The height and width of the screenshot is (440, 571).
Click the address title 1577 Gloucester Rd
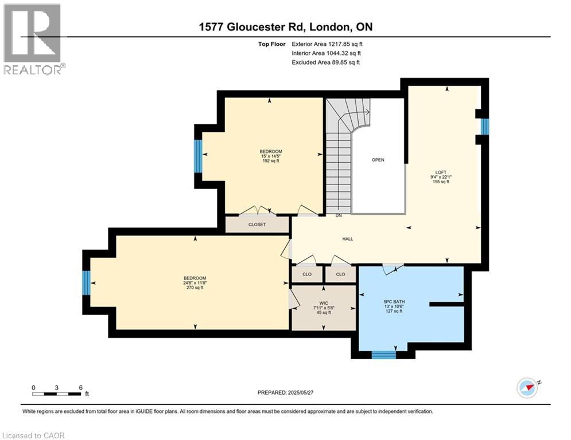(x=285, y=27)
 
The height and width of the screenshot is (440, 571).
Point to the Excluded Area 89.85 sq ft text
(x=326, y=62)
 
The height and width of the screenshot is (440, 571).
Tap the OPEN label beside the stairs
(x=378, y=160)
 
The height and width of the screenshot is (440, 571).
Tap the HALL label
(x=348, y=239)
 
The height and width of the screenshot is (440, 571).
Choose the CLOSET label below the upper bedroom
(x=257, y=225)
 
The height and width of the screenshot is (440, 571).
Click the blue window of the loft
(x=484, y=127)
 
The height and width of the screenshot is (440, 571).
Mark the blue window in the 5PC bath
(x=383, y=355)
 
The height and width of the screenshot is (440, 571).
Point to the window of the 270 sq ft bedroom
(x=86, y=282)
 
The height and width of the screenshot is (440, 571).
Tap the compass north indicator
(x=527, y=388)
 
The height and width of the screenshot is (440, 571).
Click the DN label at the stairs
(x=339, y=216)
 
